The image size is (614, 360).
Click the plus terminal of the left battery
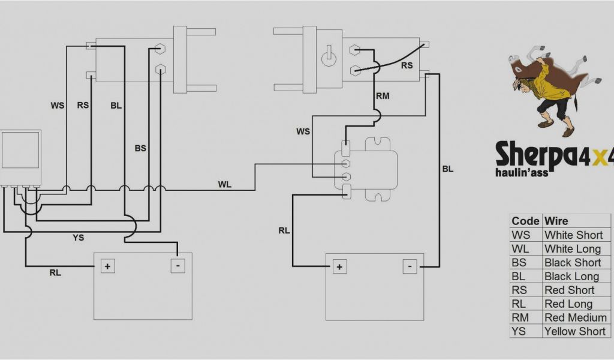point(108,266)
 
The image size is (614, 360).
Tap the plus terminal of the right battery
point(339,266)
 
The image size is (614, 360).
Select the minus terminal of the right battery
point(410,266)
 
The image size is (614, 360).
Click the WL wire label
point(224,184)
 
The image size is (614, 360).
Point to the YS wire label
point(78,238)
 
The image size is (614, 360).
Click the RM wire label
point(382,95)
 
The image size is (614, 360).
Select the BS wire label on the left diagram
point(140,148)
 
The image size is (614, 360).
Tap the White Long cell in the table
point(572,248)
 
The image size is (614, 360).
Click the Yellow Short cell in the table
point(575,331)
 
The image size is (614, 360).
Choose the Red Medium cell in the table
point(575,317)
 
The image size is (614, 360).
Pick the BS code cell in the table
point(519,262)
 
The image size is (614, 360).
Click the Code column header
point(525,221)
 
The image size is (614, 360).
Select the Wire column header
point(556,221)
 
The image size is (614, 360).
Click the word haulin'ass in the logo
point(522,172)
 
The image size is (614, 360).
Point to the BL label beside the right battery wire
point(448,169)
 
